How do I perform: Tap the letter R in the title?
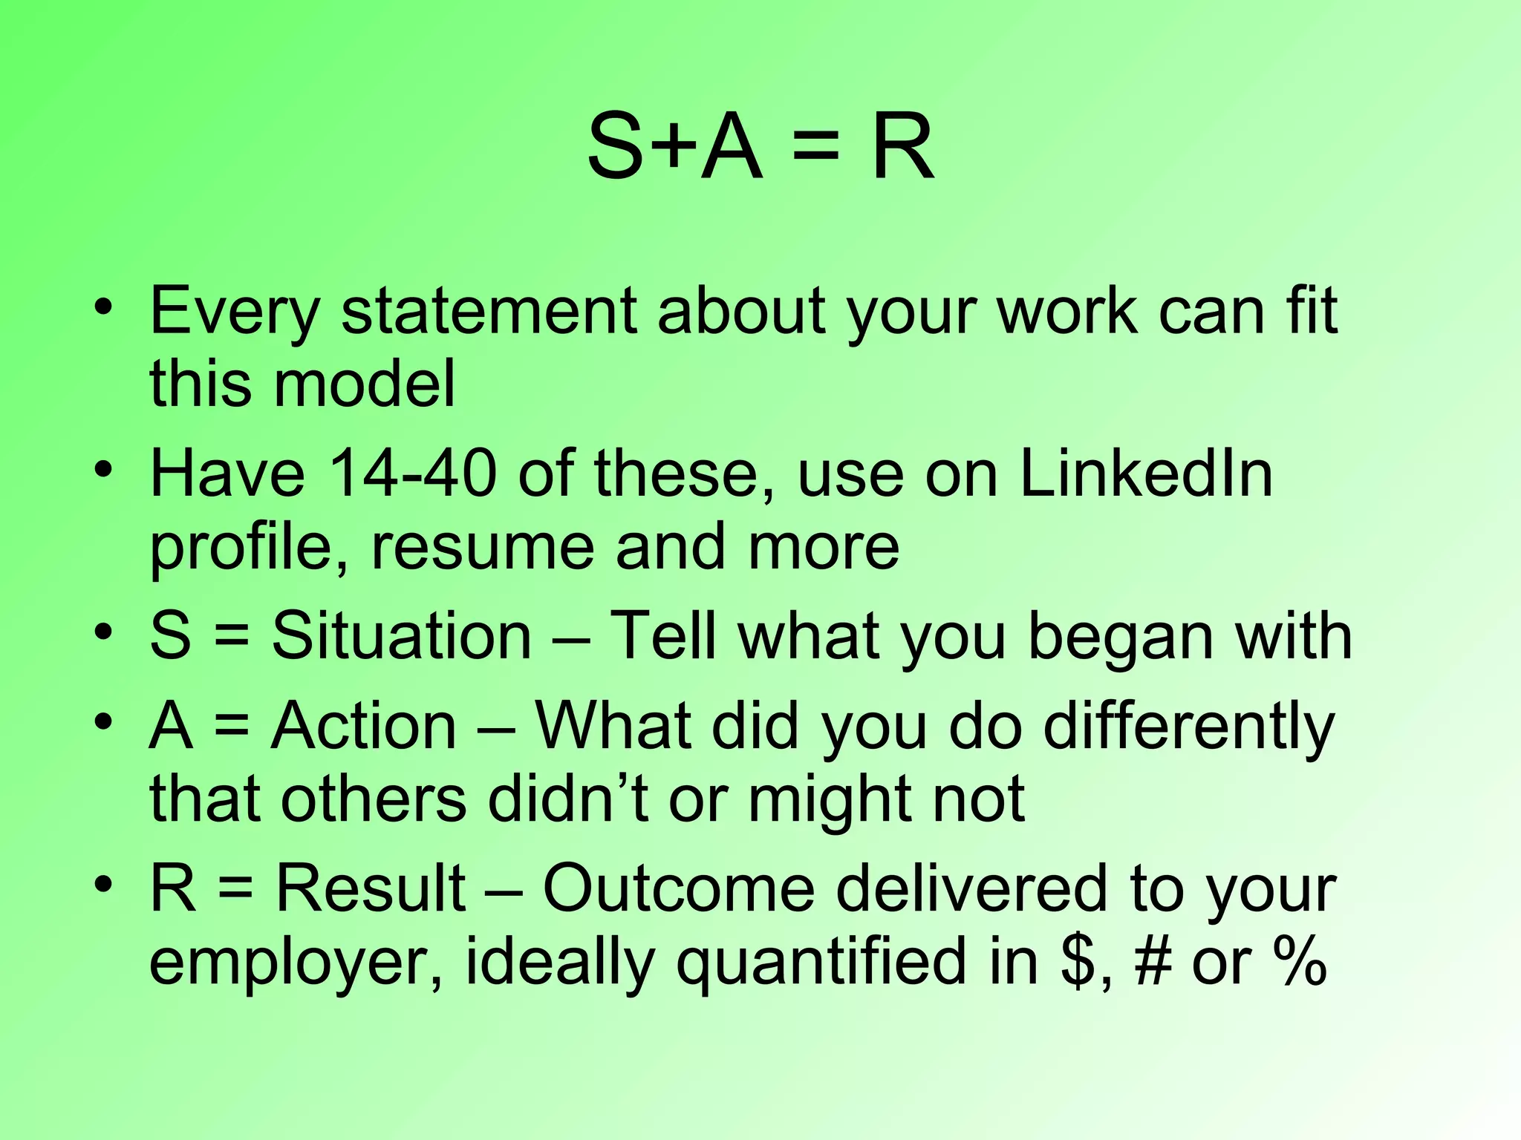coord(902,148)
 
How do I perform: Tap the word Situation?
coord(401,636)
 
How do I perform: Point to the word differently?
coord(1189,727)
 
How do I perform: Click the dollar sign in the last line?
coord(1078,962)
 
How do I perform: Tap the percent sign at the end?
coord(1299,962)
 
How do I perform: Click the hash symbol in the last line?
coord(1153,962)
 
